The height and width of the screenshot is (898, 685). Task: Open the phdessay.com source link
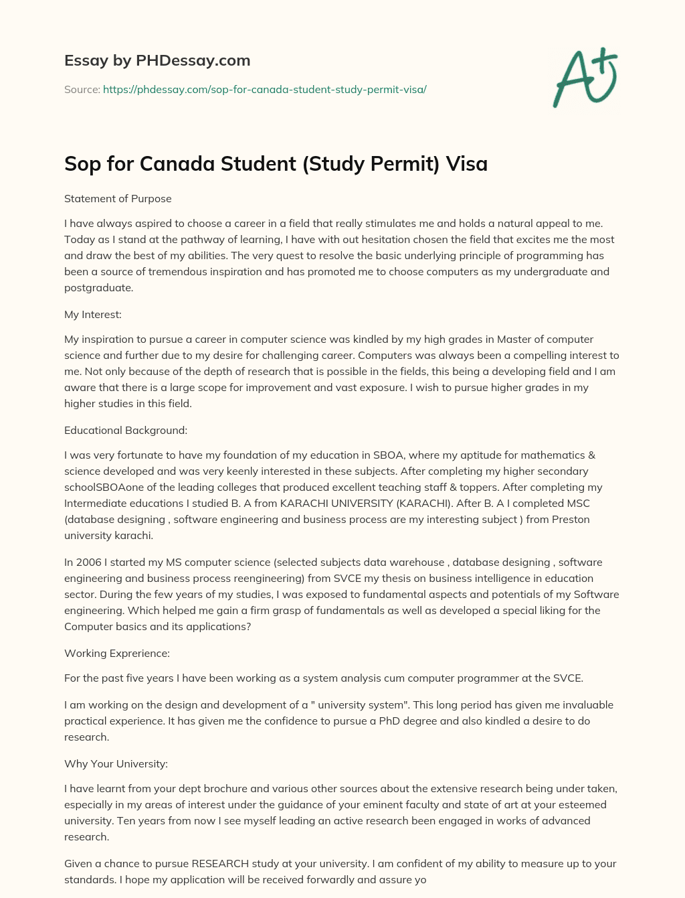pyautogui.click(x=264, y=89)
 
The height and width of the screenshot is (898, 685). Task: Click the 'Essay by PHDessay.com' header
pyautogui.click(x=157, y=60)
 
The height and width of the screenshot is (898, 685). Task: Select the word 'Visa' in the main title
pyautogui.click(x=468, y=163)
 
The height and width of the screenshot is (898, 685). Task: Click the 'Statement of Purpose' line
pyautogui.click(x=118, y=199)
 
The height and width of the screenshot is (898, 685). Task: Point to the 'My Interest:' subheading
pyautogui.click(x=93, y=315)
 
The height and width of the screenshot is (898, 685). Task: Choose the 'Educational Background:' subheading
pyautogui.click(x=126, y=431)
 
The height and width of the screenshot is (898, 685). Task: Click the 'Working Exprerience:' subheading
pyautogui.click(x=117, y=654)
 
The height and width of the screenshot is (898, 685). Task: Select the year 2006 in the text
pyautogui.click(x=89, y=563)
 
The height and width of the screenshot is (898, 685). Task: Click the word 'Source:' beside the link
pyautogui.click(x=82, y=89)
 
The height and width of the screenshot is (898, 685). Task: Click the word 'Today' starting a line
pyautogui.click(x=78, y=240)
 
